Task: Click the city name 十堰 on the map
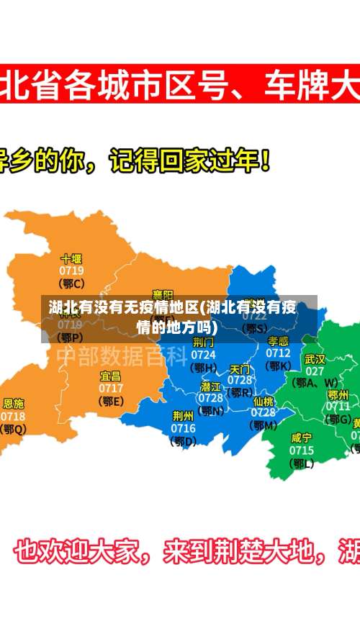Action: click(x=71, y=258)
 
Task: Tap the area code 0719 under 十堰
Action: click(x=71, y=271)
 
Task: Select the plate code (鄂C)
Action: click(x=71, y=284)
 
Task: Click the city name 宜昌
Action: click(x=110, y=376)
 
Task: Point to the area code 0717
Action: click(x=110, y=388)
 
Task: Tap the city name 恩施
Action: click(x=13, y=404)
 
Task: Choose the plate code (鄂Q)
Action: click(x=13, y=429)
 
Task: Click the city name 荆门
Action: click(x=204, y=342)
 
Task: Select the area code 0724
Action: click(x=204, y=354)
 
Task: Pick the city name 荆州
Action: click(x=183, y=415)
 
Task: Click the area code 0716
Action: click(x=183, y=428)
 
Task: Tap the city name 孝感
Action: click(x=278, y=341)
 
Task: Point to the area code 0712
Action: click(x=278, y=353)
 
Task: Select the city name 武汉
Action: click(x=315, y=358)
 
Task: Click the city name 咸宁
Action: click(x=301, y=438)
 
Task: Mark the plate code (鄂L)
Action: click(x=301, y=463)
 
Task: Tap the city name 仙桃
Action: click(x=264, y=401)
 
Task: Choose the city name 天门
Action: click(x=240, y=368)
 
